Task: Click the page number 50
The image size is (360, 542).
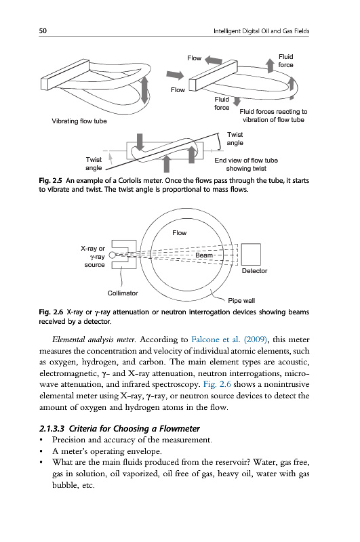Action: (43, 30)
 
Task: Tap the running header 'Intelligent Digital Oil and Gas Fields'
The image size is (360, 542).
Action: (261, 31)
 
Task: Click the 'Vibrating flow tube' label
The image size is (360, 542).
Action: (79, 121)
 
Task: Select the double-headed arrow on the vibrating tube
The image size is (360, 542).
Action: (144, 90)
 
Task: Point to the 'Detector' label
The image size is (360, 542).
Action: (254, 270)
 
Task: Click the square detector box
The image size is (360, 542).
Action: (251, 255)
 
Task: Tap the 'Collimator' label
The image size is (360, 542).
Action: (123, 293)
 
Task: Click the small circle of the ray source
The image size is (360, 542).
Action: (112, 255)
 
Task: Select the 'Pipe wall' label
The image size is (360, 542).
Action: (241, 300)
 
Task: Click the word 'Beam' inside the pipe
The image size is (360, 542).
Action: (204, 255)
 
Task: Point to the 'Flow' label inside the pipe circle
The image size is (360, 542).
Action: (180, 233)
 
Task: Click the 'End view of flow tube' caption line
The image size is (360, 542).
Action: (246, 161)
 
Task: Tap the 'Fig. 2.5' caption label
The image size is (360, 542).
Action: (50, 181)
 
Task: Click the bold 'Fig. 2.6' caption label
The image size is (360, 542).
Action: (51, 312)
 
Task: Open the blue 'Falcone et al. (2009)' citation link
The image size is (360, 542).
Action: (229, 339)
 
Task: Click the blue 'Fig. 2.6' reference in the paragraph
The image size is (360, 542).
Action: (217, 384)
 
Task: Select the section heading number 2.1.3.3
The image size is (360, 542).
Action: (52, 429)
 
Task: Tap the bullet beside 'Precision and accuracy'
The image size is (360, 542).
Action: (41, 440)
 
